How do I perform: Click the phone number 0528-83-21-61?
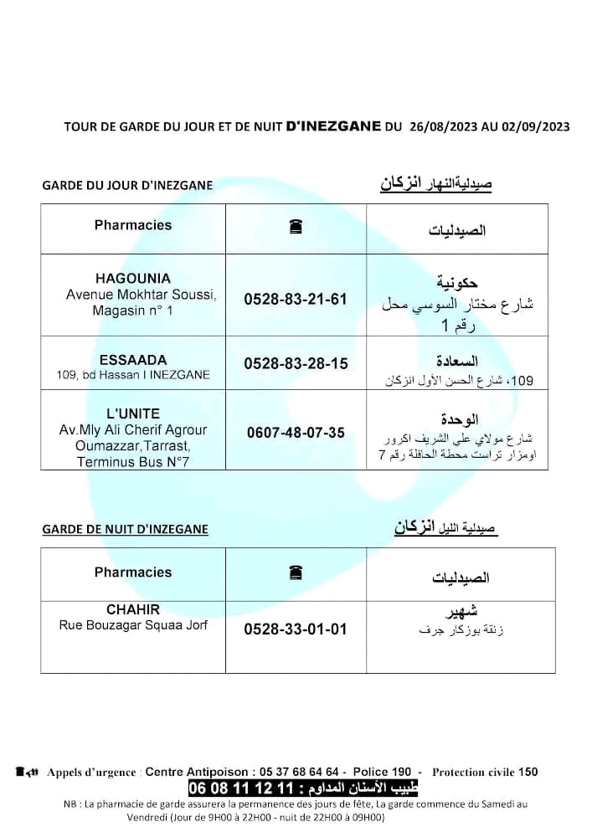(295, 299)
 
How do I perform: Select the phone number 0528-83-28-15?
(296, 364)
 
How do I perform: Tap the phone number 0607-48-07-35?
(296, 433)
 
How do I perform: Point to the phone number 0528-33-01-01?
(296, 629)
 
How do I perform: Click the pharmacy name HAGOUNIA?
(133, 279)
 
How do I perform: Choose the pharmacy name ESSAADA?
(133, 361)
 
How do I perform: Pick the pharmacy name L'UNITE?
(133, 413)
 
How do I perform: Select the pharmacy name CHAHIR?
(133, 609)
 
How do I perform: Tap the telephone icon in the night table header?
(295, 573)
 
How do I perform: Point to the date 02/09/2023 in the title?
(536, 127)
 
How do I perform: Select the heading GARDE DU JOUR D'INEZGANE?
(127, 185)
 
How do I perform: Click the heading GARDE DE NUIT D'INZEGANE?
(125, 529)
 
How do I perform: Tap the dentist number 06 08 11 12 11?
(243, 788)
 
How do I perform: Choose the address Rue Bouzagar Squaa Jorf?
(133, 624)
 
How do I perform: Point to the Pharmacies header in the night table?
(133, 573)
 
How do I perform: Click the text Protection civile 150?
(485, 772)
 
